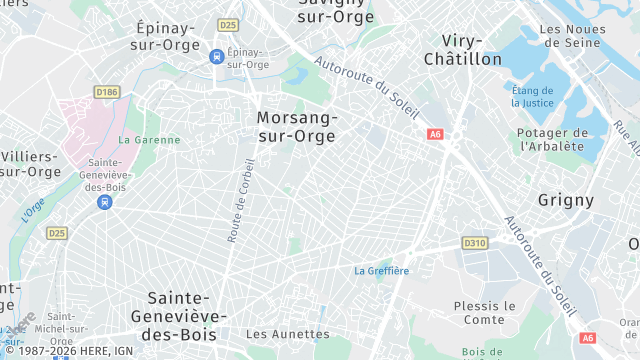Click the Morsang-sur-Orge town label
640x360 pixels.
[x=297, y=127]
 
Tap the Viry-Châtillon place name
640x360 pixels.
[x=462, y=50]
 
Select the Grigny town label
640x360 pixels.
[x=566, y=200]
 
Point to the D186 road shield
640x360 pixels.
[x=107, y=92]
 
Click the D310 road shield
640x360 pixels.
[x=474, y=243]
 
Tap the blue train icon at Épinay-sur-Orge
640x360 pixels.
[x=216, y=57]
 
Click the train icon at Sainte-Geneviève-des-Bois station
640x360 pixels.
[x=104, y=202]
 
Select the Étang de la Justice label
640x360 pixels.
[x=533, y=96]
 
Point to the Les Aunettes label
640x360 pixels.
[x=287, y=334]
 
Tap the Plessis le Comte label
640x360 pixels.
[x=484, y=312]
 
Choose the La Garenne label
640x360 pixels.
[x=150, y=140]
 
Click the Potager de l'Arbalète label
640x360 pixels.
[x=551, y=139]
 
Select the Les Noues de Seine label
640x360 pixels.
[x=572, y=36]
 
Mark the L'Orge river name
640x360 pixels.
[x=33, y=211]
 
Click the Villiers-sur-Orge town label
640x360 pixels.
[x=30, y=164]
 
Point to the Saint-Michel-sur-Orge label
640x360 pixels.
[x=68, y=328]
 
